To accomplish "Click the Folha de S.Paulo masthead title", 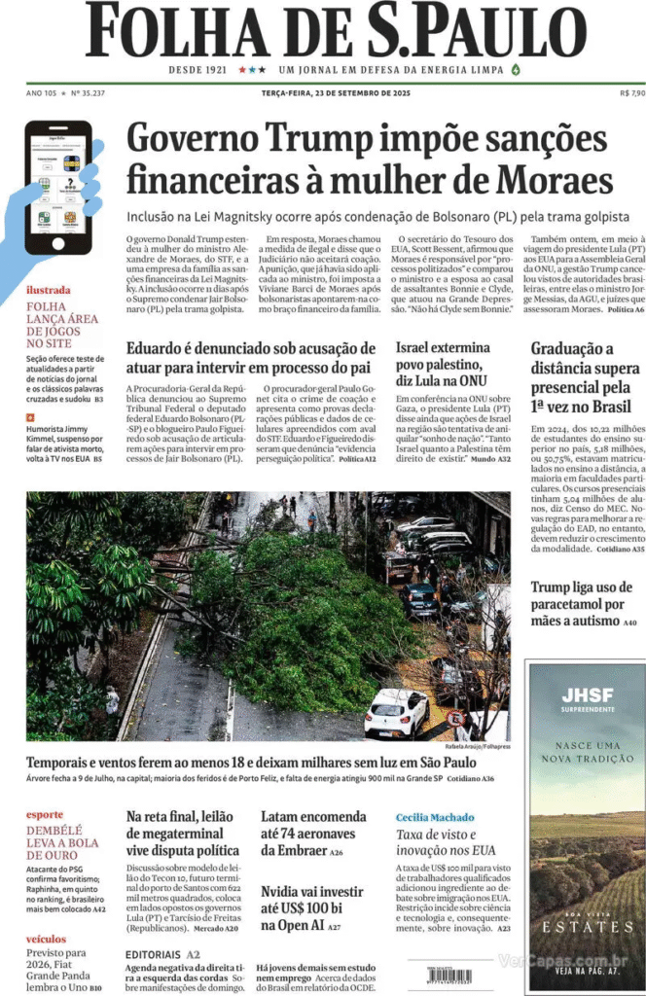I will (x=336, y=31).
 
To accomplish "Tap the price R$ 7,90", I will (x=631, y=93).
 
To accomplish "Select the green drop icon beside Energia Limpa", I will (x=516, y=70).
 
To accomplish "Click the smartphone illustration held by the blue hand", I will (x=58, y=188).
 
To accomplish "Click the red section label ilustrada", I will (x=48, y=290).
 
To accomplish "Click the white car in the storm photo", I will (x=396, y=714).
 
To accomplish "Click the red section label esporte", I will (x=45, y=814).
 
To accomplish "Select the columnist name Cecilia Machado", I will (x=435, y=817).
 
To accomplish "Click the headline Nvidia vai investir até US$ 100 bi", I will (x=312, y=908).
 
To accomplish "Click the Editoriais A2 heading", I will (x=162, y=954).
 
